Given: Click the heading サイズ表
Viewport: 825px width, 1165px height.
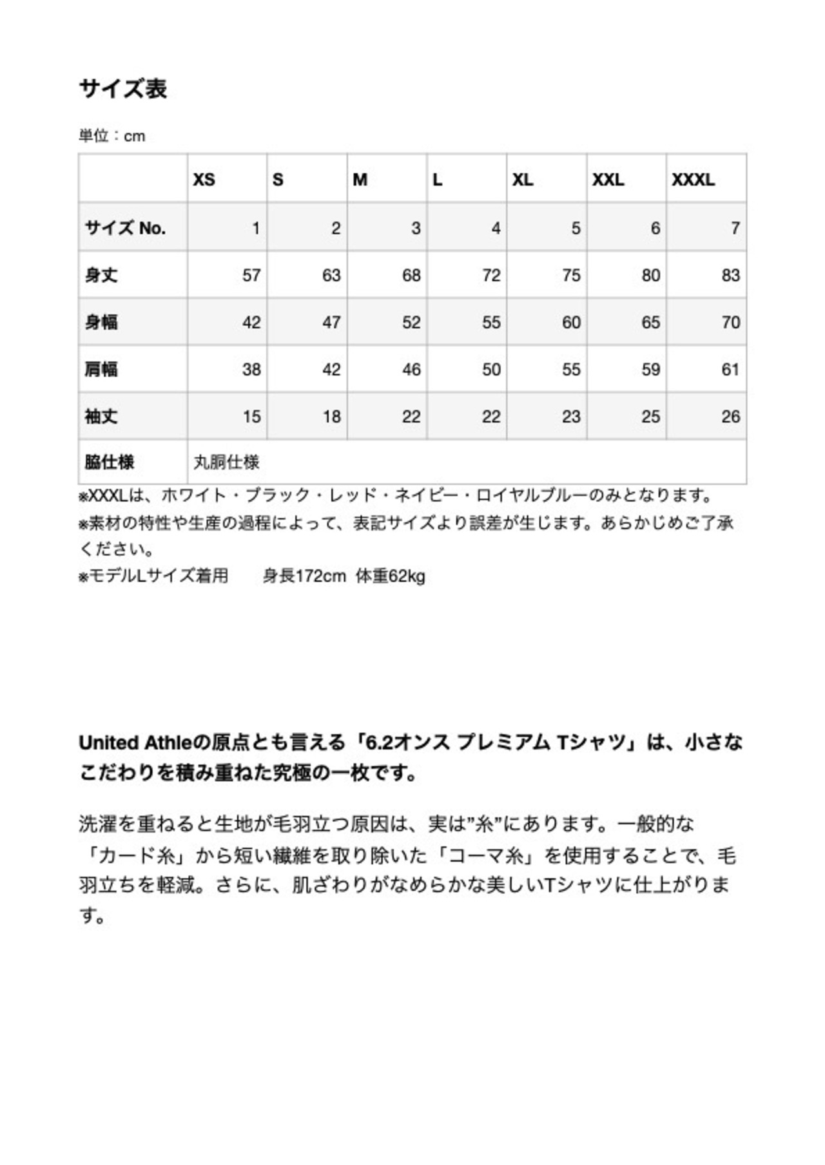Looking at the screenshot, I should click(x=122, y=88).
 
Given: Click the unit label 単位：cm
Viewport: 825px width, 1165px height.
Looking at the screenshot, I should click(x=112, y=136).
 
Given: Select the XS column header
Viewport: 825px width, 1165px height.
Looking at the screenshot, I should click(x=204, y=180).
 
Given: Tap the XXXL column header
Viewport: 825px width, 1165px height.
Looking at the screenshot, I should click(x=693, y=180).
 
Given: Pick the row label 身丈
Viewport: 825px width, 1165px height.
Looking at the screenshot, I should click(x=101, y=276).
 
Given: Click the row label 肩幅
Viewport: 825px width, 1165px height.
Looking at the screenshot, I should click(x=101, y=370).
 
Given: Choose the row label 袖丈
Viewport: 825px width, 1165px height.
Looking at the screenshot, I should click(x=101, y=417).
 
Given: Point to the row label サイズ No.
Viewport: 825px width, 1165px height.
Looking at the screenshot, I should click(x=125, y=228).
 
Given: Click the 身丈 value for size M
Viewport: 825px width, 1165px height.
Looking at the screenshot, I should click(x=411, y=276).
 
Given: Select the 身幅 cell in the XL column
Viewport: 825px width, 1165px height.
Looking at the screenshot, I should click(x=570, y=323).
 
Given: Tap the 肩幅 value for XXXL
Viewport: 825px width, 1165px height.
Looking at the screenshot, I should click(x=730, y=370).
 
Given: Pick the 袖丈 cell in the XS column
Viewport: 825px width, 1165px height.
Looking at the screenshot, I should click(x=251, y=417).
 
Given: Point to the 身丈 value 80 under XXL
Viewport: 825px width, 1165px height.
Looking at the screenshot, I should click(x=650, y=276).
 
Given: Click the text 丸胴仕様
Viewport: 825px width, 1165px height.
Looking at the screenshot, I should click(x=226, y=462).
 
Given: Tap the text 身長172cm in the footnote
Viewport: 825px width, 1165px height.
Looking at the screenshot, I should click(x=304, y=576).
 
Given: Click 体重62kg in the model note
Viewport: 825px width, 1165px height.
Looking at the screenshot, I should click(x=391, y=576).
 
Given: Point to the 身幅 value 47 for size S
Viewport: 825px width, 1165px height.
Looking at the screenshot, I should click(x=331, y=323).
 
